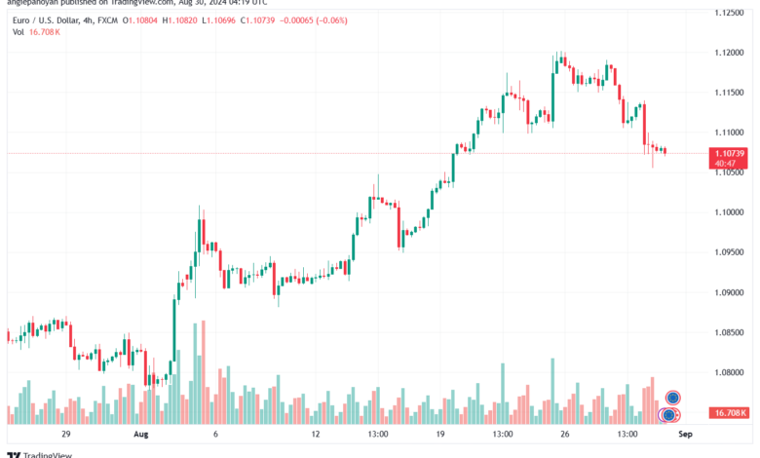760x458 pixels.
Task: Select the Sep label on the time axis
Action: pyautogui.click(x=684, y=434)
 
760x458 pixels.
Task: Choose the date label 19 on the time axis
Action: pyautogui.click(x=440, y=434)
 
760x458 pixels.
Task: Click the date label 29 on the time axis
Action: pyautogui.click(x=66, y=434)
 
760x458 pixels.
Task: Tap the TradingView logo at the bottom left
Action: pyautogui.click(x=32, y=453)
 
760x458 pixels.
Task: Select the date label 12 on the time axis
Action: pyautogui.click(x=315, y=434)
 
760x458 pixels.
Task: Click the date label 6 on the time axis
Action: pyautogui.click(x=214, y=434)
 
